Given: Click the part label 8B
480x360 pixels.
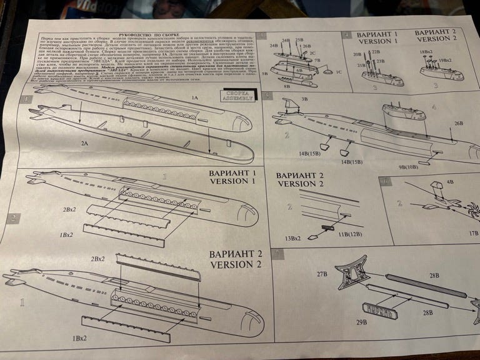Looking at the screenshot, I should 286,86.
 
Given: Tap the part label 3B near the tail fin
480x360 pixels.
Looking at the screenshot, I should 305,99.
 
